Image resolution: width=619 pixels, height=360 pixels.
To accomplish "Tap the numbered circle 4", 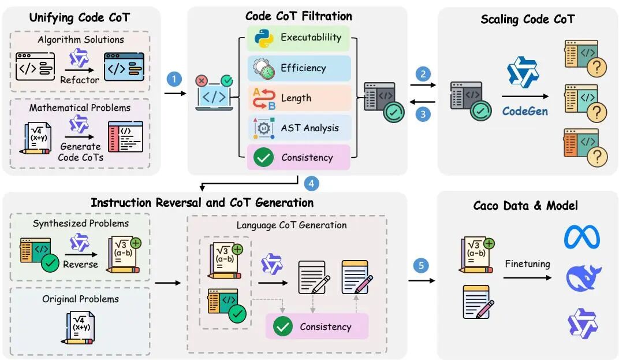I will [x=311, y=183].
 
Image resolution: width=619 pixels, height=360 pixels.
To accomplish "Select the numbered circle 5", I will [x=422, y=266].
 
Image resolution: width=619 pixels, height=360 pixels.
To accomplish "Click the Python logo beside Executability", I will [x=263, y=38].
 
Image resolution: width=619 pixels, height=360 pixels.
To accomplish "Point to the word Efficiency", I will [x=303, y=68].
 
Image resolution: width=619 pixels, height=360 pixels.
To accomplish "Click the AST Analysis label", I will [x=309, y=128].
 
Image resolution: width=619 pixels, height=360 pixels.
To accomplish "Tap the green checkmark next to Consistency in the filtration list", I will [x=263, y=157].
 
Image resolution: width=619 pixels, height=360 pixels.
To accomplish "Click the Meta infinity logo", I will [x=581, y=237].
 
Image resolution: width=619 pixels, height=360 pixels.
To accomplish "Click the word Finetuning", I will [x=527, y=263].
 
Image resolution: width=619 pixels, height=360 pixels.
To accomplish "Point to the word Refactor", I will [x=80, y=80].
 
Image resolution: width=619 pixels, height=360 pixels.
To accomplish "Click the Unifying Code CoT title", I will [x=80, y=17].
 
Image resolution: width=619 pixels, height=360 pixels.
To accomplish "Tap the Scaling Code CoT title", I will [x=527, y=19].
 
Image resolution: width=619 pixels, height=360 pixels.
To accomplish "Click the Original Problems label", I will [x=80, y=299].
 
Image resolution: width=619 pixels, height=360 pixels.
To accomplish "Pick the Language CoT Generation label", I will [x=292, y=225].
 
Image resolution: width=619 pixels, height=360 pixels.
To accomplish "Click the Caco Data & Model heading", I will [x=525, y=205].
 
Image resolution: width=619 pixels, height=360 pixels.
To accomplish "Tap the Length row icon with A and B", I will [x=263, y=98].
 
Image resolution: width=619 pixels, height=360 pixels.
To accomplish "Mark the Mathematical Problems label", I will [x=81, y=107].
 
